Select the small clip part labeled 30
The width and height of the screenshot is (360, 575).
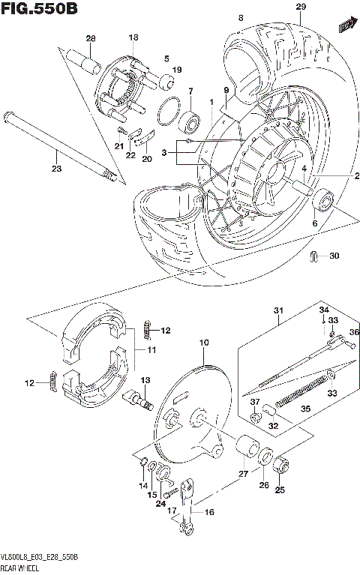pos(314,257)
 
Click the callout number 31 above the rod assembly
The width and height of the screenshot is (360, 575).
pos(279,311)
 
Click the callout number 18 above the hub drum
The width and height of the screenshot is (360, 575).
pos(133,37)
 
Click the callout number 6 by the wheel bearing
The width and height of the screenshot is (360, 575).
pos(314,223)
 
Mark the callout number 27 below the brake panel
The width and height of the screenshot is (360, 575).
pos(242,474)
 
